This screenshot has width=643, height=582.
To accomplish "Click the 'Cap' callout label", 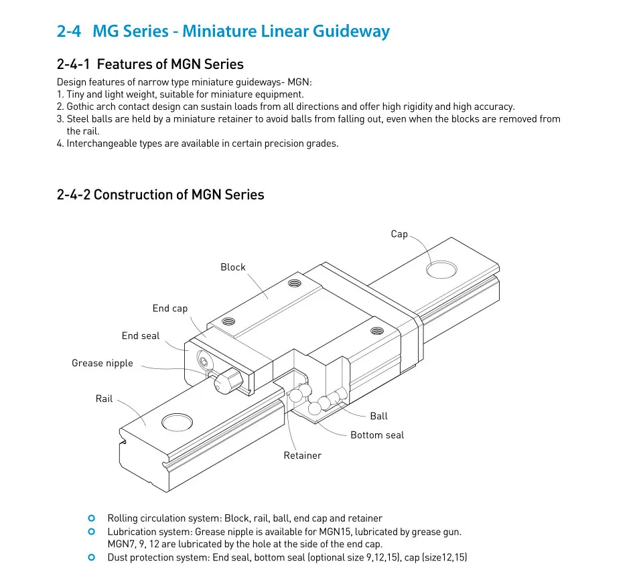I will [399, 234].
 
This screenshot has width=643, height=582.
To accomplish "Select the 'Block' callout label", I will [233, 267].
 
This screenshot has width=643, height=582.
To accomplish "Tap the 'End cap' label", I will [170, 309].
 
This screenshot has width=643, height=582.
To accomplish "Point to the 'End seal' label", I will [141, 336].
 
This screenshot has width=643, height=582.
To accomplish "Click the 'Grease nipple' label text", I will [102, 364].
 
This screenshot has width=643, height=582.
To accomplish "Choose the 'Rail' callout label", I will [104, 399].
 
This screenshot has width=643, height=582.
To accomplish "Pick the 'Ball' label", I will [378, 416].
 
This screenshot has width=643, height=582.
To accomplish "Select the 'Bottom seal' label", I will [377, 435].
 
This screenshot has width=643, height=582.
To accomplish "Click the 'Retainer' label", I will [302, 455].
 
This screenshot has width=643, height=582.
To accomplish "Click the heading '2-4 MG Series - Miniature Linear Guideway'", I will [223, 31].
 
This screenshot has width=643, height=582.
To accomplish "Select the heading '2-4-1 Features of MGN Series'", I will [150, 64].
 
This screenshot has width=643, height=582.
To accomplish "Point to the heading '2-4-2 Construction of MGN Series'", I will [161, 195].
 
